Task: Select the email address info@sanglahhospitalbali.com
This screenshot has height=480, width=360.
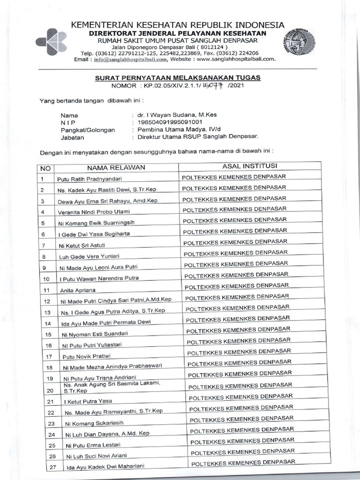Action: (130, 60)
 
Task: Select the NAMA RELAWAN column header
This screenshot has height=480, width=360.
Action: (116, 167)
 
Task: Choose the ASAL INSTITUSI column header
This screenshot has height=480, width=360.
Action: (250, 165)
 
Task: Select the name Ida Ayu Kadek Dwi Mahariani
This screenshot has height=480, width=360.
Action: (105, 466)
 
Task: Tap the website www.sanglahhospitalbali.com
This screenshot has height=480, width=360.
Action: (236, 60)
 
